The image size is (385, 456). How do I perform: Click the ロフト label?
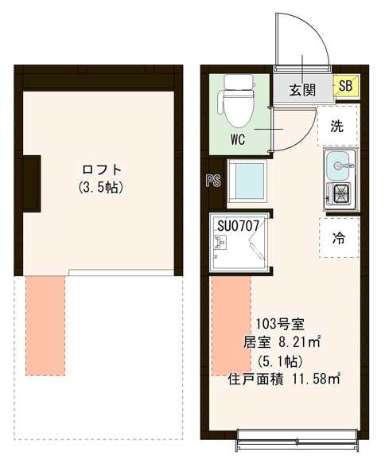pyautogui.click(x=103, y=170)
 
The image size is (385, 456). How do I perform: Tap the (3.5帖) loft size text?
pyautogui.click(x=103, y=189)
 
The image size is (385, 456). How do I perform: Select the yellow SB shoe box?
pyautogui.click(x=345, y=86)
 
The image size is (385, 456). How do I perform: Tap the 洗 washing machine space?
pyautogui.click(x=337, y=125)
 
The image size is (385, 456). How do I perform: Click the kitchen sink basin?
pyautogui.click(x=341, y=167)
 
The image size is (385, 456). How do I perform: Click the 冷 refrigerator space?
pyautogui.click(x=337, y=236)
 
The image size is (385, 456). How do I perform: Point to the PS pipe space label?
pyautogui.click(x=212, y=180)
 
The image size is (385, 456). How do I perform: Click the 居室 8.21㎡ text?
pyautogui.click(x=282, y=342)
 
